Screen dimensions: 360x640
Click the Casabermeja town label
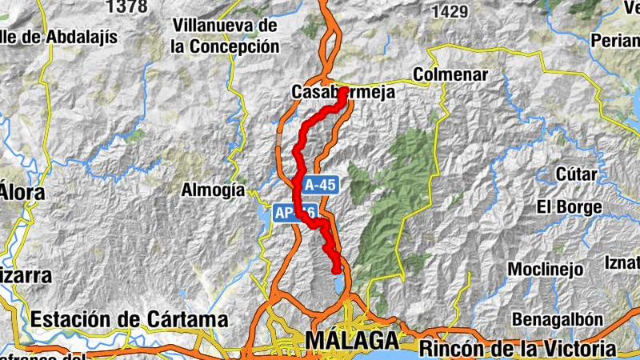point(343,93)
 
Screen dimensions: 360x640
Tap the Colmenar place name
point(450,74)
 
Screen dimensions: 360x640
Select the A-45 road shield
point(319,185)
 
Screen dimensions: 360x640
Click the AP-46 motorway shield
point(294,213)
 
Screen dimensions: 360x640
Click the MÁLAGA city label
point(351,340)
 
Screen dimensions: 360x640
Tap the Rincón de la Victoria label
point(518,349)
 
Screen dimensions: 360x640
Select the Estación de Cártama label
point(129,319)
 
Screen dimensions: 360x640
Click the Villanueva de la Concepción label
point(225,36)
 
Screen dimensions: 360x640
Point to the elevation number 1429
point(448,11)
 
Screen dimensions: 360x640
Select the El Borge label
point(569,207)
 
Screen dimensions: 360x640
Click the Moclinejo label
point(545,268)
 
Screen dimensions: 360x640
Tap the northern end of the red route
point(343,90)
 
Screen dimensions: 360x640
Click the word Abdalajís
point(80,37)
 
